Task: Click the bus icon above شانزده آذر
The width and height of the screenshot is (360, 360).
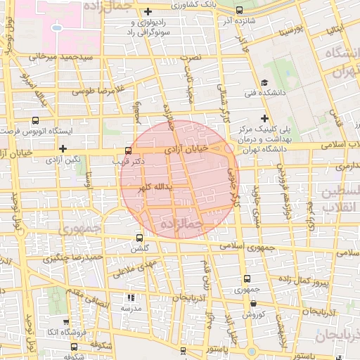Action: [240, 10]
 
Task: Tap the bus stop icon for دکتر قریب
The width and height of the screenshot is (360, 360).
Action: [127, 150]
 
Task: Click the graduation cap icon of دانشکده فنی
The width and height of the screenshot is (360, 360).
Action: [264, 83]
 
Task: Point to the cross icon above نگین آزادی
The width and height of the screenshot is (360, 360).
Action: [63, 148]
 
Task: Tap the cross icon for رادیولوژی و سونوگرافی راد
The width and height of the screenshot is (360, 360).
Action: [148, 11]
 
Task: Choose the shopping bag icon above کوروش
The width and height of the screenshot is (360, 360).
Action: [253, 303]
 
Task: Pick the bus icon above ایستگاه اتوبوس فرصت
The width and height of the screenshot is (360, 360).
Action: [36, 120]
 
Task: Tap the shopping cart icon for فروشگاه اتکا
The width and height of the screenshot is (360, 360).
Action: [75, 347]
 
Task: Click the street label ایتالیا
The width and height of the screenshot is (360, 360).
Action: [337, 30]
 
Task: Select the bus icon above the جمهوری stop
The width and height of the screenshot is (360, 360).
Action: [245, 278]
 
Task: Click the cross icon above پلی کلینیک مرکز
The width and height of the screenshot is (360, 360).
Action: [264, 117]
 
